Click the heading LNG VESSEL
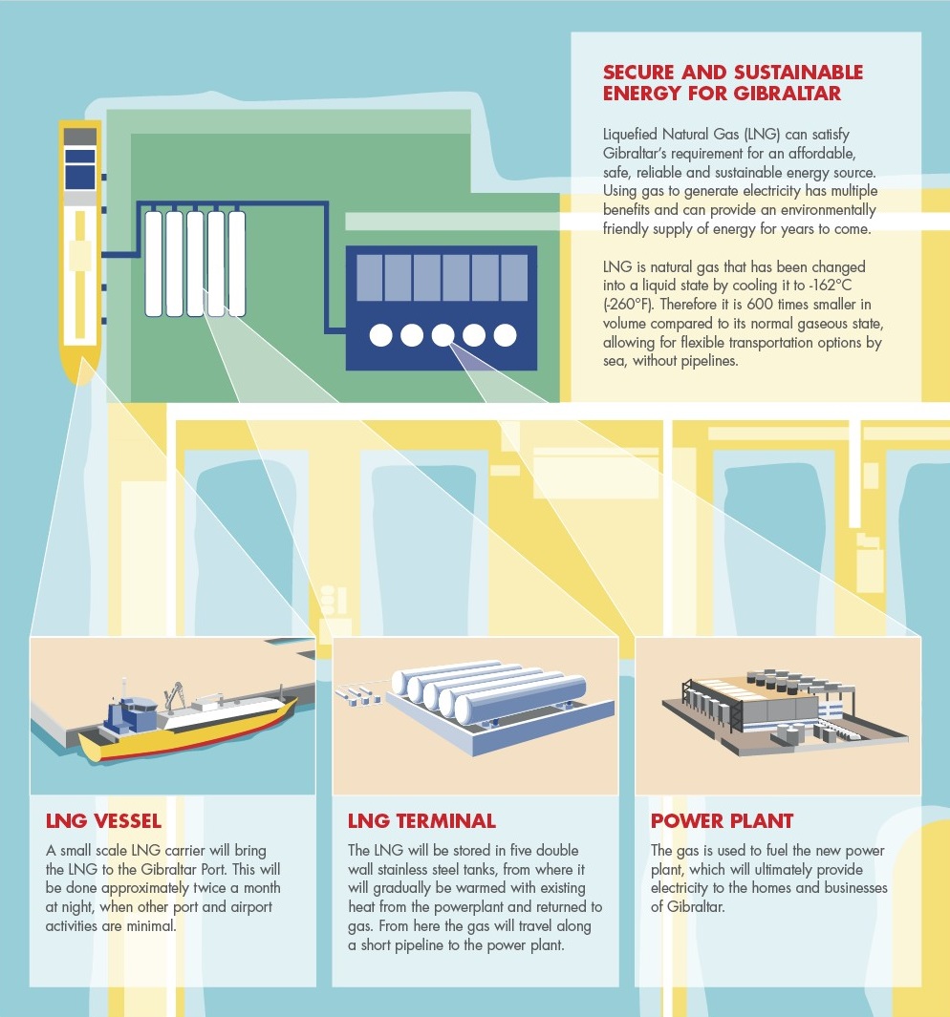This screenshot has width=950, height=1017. click(103, 821)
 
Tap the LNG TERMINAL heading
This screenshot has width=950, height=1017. click(421, 821)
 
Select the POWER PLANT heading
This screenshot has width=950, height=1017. click(723, 821)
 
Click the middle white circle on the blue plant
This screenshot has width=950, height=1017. click(443, 335)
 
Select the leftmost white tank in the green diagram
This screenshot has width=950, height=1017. click(153, 264)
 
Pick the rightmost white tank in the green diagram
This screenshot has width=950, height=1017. click(236, 264)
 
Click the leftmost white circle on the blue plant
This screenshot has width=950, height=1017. click(380, 335)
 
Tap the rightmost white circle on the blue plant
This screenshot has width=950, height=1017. click(506, 335)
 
